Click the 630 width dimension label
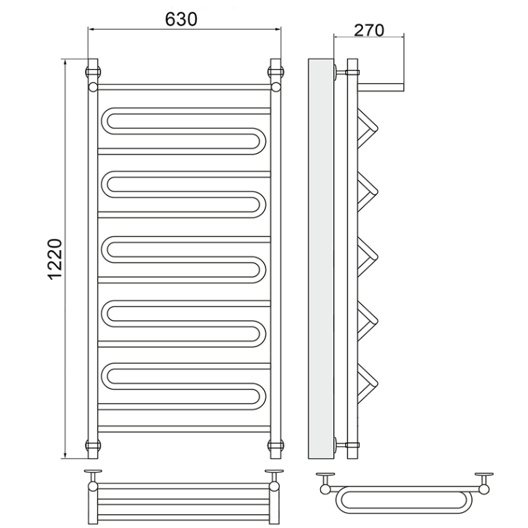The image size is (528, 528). (181, 19)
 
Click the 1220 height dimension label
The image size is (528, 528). (55, 259)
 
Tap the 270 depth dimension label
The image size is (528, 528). (369, 30)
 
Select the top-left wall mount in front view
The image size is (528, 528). (94, 72)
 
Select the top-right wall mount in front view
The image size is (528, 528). (276, 72)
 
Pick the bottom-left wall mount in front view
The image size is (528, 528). (94, 445)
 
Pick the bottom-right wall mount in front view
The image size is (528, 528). (276, 445)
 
